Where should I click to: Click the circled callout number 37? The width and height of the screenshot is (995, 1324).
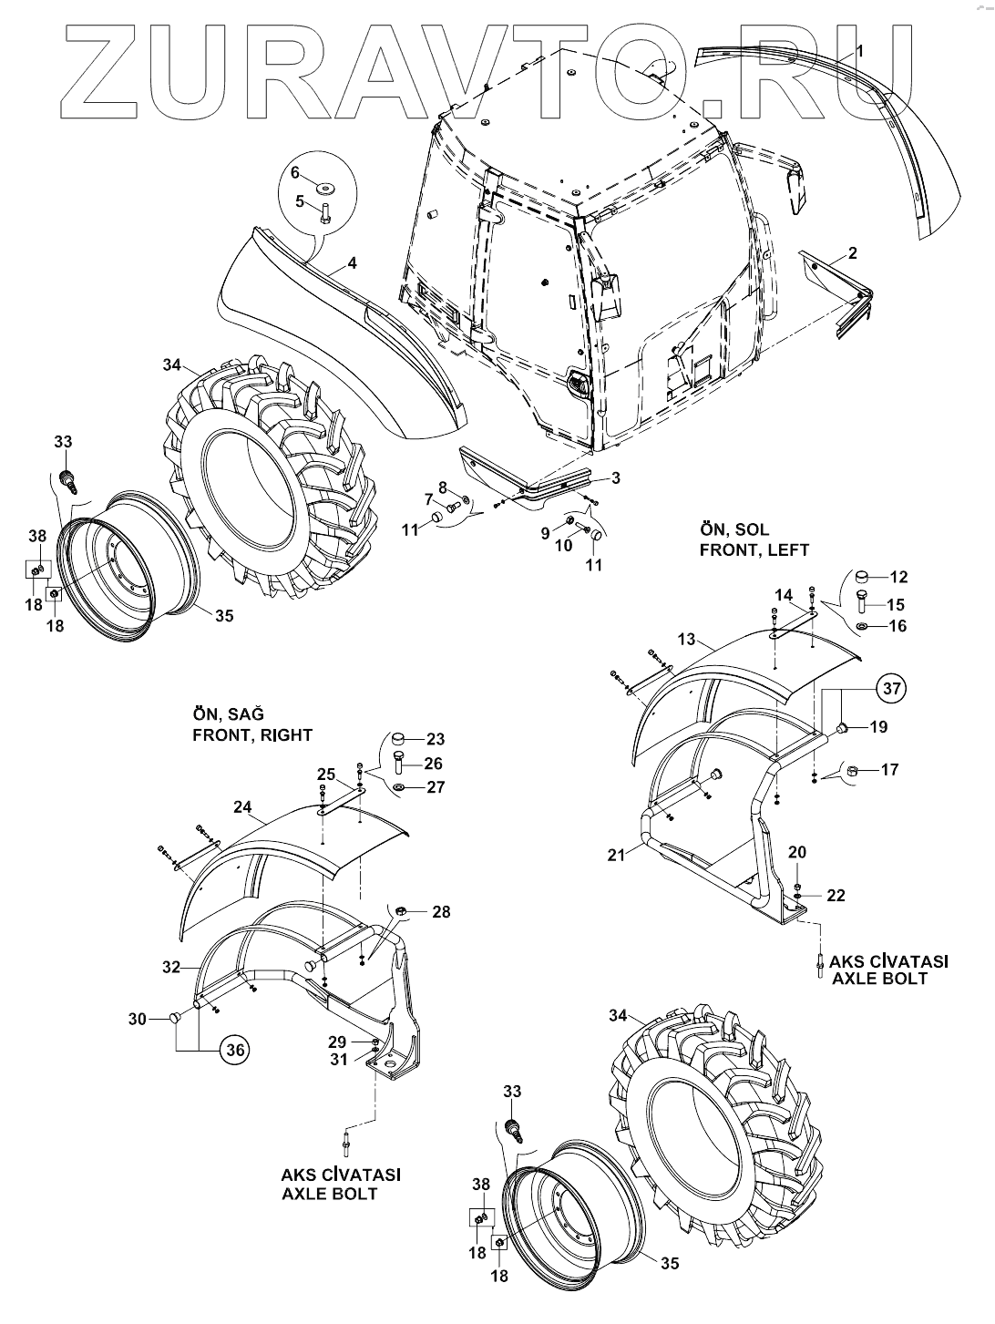(891, 690)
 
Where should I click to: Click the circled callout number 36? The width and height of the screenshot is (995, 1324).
(234, 1050)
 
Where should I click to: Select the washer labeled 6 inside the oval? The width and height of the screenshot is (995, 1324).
(325, 188)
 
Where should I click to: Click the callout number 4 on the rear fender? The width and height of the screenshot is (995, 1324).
(352, 264)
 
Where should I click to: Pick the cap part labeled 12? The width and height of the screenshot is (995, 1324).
(865, 577)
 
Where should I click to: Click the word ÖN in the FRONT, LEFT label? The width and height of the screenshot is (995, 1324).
(710, 529)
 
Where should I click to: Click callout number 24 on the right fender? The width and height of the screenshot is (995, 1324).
(242, 806)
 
